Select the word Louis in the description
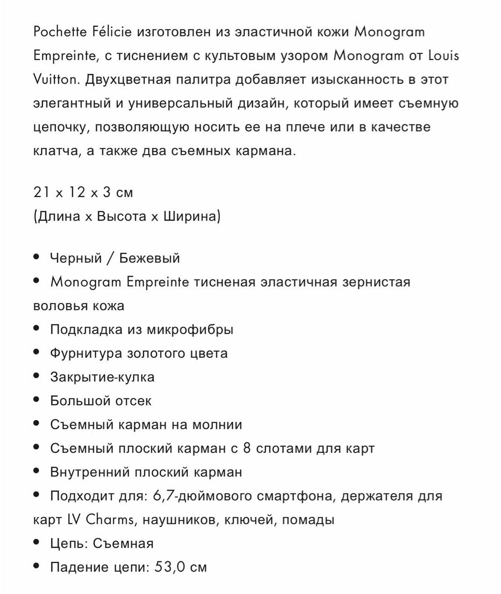pos(443,56)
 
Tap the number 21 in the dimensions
pos(42,192)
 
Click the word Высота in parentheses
pos(122,216)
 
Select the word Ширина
pos(190,216)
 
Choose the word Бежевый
pos(149,258)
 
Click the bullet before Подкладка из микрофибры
pos(37,329)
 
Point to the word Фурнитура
pos(86,353)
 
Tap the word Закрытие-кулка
pos(102,377)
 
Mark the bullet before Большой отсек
pos(37,400)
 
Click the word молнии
pos(217,424)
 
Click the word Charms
pos(110,519)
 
